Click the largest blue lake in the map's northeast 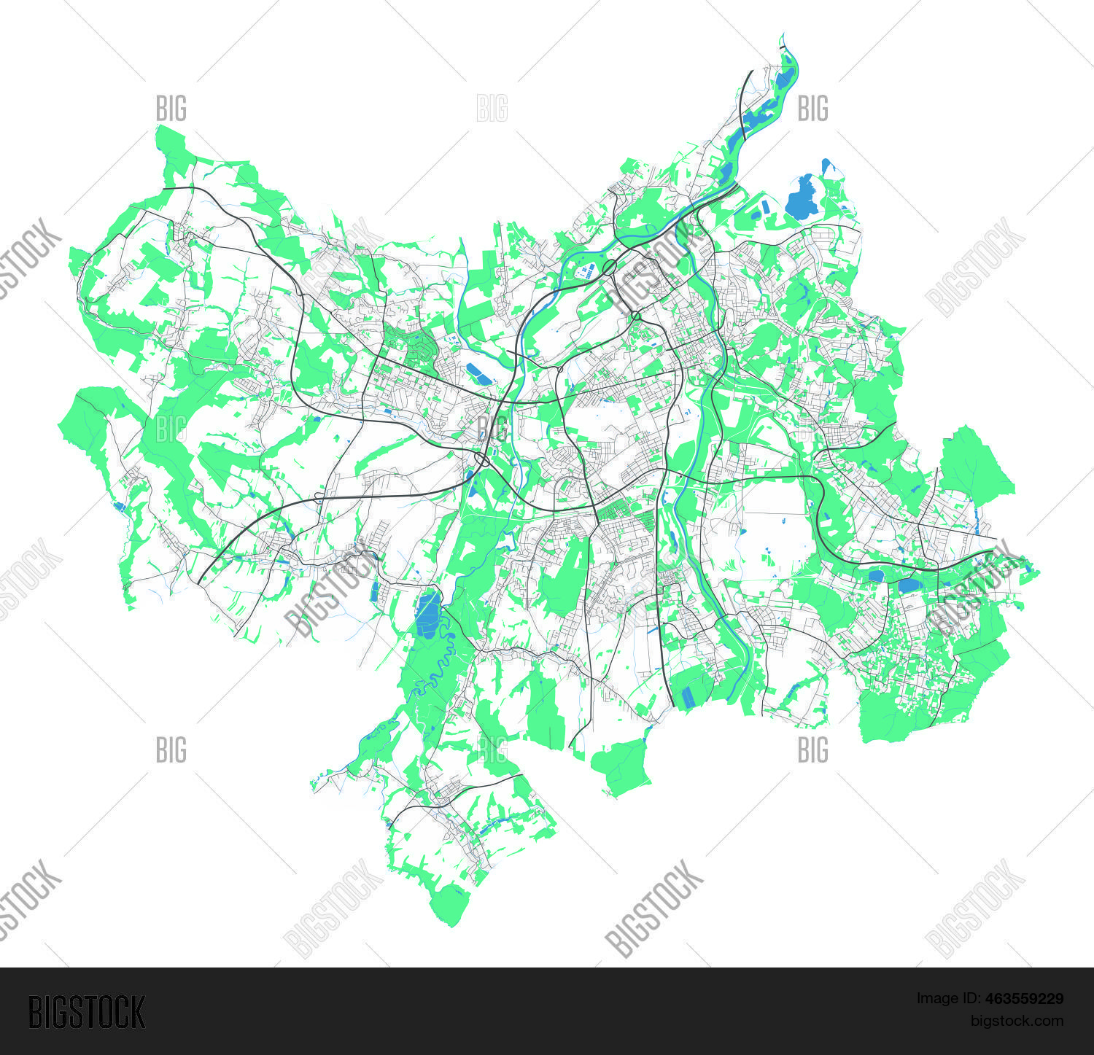[x=801, y=198]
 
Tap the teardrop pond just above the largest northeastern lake [x=826, y=166]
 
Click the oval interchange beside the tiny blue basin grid [x=609, y=268]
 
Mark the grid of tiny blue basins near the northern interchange [x=586, y=273]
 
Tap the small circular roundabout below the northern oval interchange [x=636, y=316]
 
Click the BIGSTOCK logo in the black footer [x=86, y=1012]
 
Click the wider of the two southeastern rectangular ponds [x=908, y=585]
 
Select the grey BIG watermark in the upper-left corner [x=171, y=109]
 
